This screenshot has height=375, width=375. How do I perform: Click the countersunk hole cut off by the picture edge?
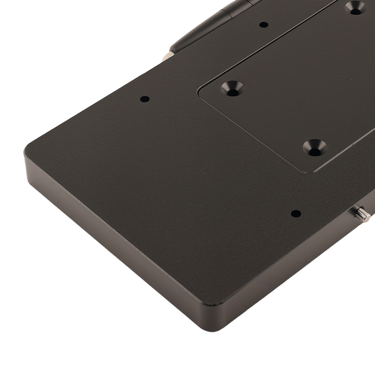pos(355,7)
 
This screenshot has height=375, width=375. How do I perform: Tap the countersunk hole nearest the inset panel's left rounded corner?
pos(232,88)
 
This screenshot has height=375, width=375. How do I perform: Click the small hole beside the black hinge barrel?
pos(264,25)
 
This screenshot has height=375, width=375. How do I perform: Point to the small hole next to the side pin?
pos(296,214)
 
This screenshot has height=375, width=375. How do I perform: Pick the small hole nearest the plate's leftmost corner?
pos(145,99)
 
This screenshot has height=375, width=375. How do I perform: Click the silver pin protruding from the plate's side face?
pos(363,214)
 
